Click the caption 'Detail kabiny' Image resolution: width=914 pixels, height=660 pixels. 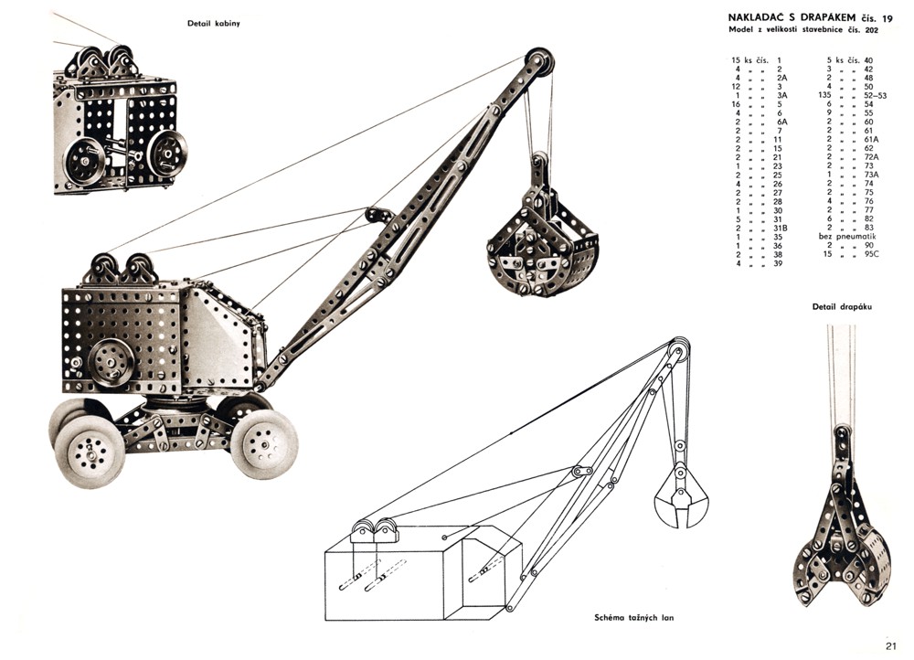[213, 23]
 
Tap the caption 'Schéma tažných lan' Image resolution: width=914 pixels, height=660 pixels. [635, 617]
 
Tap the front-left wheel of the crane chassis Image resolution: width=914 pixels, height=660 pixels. [90, 451]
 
